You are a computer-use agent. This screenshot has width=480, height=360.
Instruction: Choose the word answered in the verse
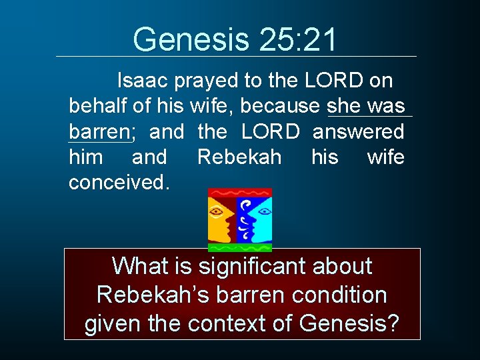(x=358, y=131)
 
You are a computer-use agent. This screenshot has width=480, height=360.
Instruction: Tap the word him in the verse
(x=86, y=157)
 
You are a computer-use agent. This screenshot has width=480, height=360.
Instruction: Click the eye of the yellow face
(x=217, y=212)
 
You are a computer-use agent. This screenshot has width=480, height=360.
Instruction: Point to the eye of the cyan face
(x=263, y=213)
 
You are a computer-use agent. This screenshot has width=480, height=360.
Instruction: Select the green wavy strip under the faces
(x=239, y=247)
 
